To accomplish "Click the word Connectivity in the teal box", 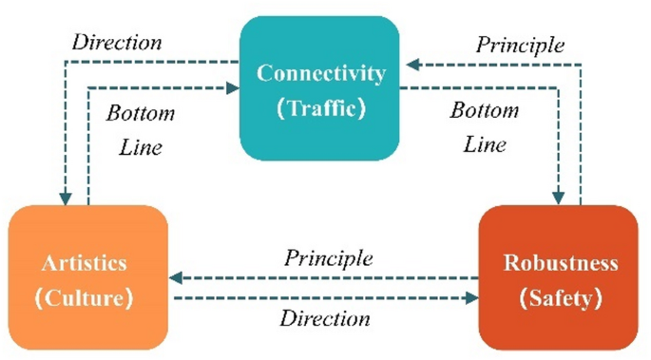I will click(322, 73).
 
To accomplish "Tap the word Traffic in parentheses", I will click(322, 107).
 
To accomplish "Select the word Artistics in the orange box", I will click(86, 262).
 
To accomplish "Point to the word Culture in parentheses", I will click(86, 297).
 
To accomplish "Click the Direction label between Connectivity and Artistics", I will click(116, 44).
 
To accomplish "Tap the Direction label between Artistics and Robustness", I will click(324, 318).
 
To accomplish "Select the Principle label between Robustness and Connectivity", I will click(520, 45).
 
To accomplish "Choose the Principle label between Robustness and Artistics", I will click(328, 258).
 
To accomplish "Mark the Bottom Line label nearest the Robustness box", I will click(484, 127).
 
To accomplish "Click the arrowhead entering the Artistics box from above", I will click(65, 199).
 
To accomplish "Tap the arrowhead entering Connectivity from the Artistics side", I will click(233, 88).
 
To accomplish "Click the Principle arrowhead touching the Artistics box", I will click(176, 278).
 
